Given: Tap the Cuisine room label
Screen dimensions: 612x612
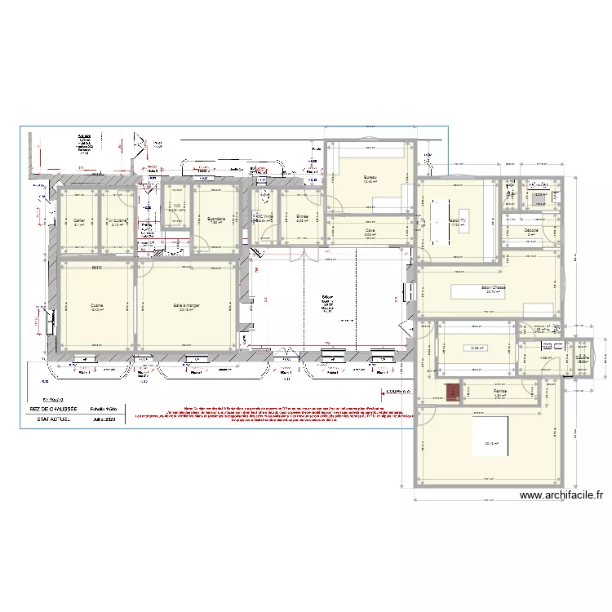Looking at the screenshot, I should click(x=95, y=307).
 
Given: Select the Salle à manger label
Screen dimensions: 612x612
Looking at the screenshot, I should click(x=187, y=307).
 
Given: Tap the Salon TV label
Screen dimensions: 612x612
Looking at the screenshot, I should click(x=457, y=220).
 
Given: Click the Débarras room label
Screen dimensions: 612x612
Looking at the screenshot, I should click(x=536, y=230).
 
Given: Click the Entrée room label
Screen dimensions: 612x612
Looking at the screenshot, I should click(x=301, y=217).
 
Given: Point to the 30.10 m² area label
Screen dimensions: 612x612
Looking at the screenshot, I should click(x=491, y=444).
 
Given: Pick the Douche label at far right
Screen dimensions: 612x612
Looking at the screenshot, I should click(x=583, y=357).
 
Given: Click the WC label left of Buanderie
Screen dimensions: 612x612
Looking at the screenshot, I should click(x=176, y=206).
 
